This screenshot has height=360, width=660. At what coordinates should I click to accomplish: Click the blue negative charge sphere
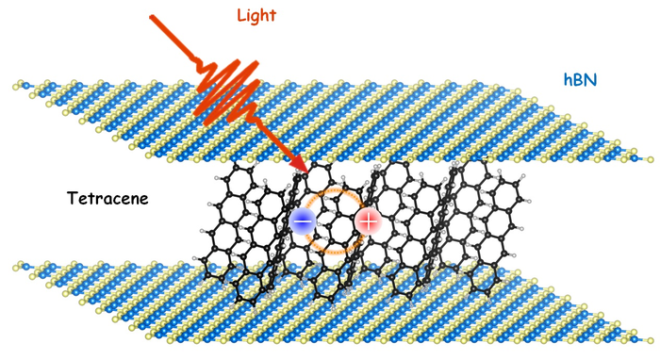tap(303, 222)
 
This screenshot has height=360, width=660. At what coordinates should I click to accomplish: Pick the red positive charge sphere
tap(368, 223)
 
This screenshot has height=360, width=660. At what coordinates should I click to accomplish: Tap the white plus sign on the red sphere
tap(368, 223)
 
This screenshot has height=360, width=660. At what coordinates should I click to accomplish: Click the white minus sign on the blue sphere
tap(303, 222)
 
